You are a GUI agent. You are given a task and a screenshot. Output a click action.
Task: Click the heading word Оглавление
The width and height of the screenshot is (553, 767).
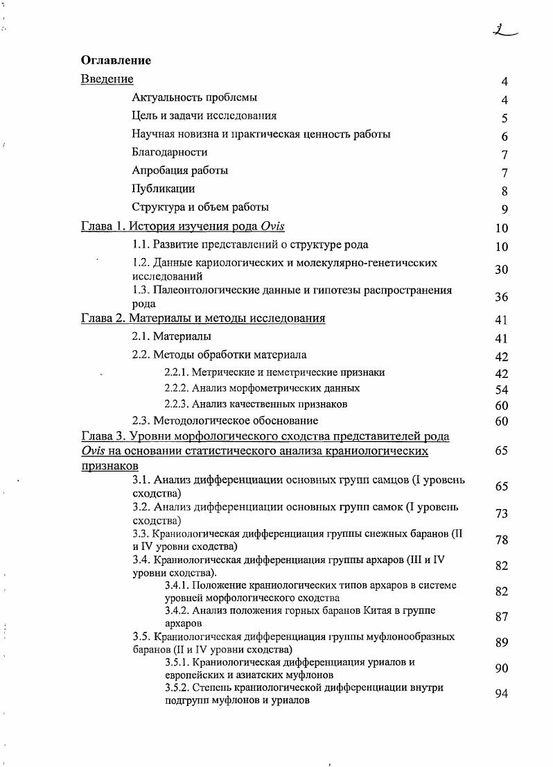point(116,60)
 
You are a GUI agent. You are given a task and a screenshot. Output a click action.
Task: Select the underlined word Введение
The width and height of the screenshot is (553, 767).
point(107,79)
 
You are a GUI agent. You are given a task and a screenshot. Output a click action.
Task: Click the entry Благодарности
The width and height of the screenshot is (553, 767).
point(169,152)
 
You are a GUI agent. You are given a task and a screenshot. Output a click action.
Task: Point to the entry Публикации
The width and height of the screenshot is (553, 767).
point(163,189)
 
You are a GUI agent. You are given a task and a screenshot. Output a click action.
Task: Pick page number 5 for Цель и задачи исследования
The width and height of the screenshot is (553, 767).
point(504,119)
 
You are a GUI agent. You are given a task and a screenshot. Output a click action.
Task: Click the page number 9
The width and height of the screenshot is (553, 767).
point(504,209)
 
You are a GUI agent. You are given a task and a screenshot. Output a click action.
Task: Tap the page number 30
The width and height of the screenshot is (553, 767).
point(502,270)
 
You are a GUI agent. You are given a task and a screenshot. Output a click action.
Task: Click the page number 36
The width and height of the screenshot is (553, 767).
point(502,297)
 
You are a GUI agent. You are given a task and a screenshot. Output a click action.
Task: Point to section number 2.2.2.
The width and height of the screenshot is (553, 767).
point(176,388)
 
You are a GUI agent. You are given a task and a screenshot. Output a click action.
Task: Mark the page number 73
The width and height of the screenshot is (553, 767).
point(502,513)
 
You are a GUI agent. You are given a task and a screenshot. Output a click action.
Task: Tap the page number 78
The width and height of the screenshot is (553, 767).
point(502,540)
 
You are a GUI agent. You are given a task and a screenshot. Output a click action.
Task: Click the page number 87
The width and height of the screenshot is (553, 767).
point(502,617)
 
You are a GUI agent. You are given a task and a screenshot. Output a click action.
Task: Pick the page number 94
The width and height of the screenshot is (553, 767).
point(502,693)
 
